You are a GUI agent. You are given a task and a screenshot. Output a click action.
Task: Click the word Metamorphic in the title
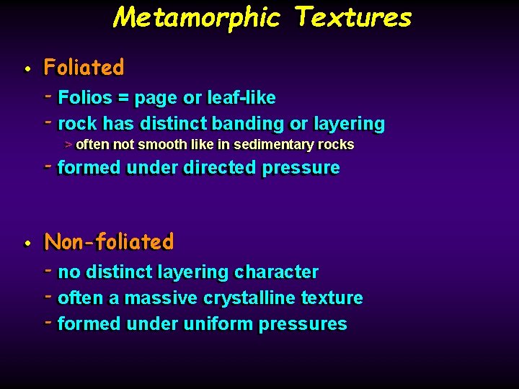pos(196,17)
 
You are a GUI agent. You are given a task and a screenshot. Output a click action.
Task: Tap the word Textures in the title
pos(353,17)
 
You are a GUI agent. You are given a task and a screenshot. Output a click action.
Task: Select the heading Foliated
pos(84,68)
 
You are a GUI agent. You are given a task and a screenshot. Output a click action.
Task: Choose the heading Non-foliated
pos(109,242)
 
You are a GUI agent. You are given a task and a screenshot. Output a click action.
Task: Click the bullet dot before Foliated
pos(26,69)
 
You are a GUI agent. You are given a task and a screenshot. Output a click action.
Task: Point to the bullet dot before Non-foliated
pos(26,243)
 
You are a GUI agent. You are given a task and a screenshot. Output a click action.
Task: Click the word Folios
pos(85,98)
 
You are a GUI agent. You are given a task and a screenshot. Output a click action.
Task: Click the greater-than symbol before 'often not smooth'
pos(68,145)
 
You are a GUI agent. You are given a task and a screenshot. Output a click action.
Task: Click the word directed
pos(219,168)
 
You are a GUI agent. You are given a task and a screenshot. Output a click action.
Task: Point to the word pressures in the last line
pos(303,324)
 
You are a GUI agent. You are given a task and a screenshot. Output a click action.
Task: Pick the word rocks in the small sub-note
pos(337,145)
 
